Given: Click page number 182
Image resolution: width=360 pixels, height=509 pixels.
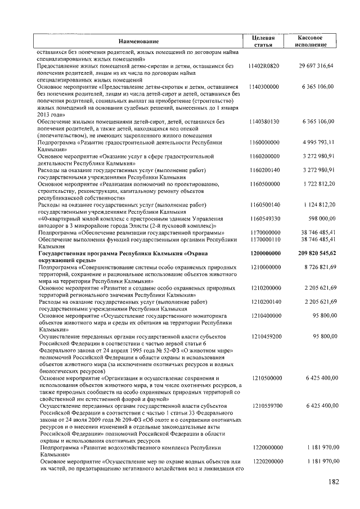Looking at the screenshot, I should point(334,482).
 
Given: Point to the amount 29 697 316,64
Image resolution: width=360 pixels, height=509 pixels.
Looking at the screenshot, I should point(316,66).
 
